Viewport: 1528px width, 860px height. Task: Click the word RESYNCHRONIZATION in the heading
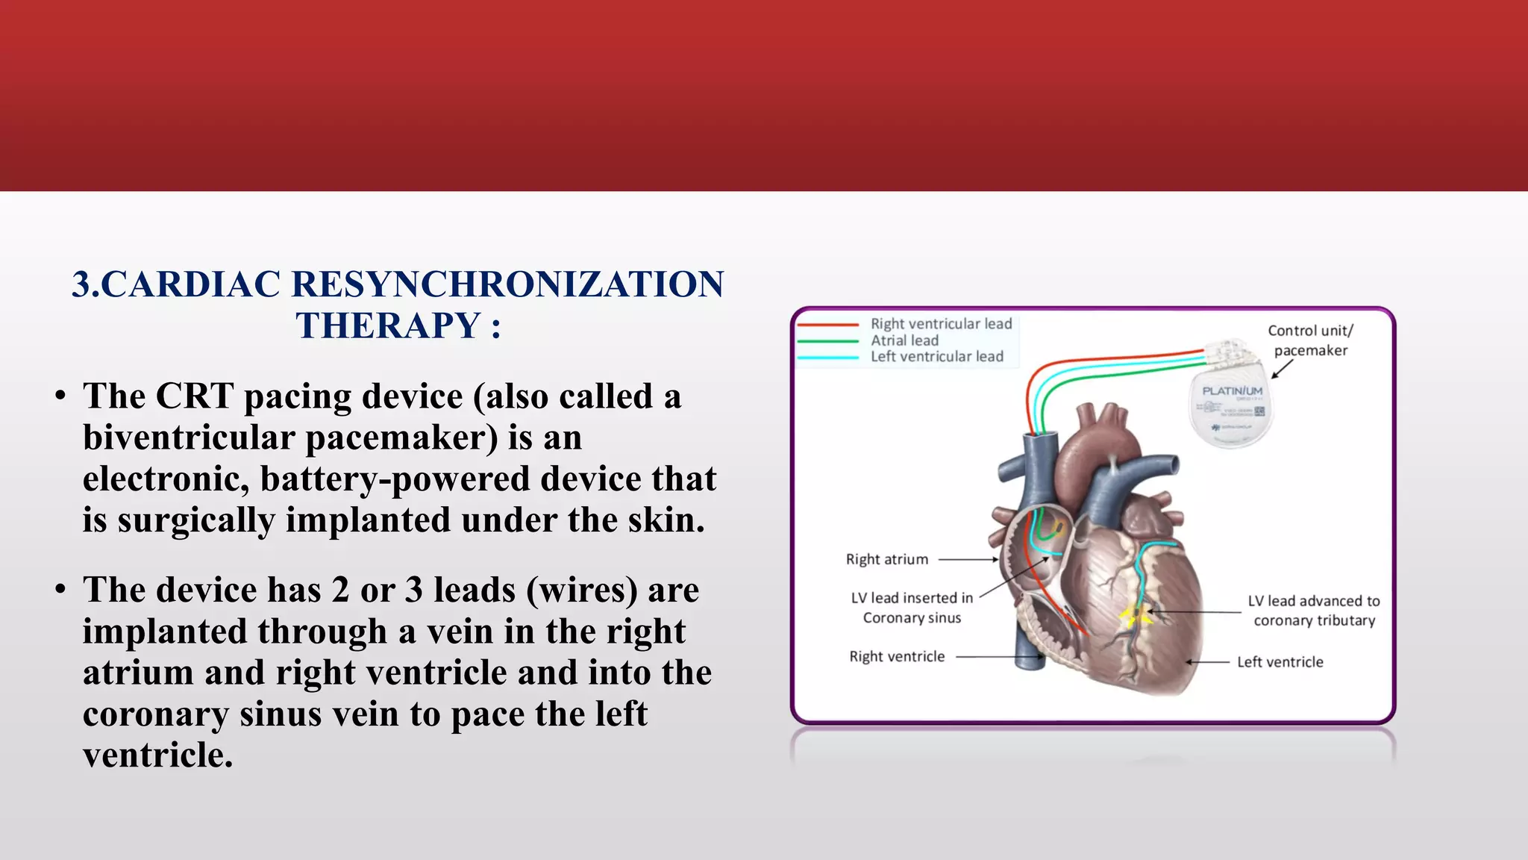[x=507, y=284]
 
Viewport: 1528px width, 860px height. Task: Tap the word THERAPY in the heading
[x=387, y=326]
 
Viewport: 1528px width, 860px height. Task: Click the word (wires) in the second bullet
[x=582, y=591]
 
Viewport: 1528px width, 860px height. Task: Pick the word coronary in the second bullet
[x=155, y=714]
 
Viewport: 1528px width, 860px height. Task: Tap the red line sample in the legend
[x=827, y=325]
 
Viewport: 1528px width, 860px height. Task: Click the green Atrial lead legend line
[x=827, y=341]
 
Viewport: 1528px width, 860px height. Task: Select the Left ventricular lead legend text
[x=936, y=357]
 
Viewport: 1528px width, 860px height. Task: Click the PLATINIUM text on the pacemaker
[x=1232, y=391]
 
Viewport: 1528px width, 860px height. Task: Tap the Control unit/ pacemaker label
[x=1310, y=340]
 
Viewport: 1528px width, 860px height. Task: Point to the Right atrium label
[x=886, y=559]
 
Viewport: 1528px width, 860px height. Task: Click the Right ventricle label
[x=897, y=657]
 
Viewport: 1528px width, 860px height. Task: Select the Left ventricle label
[x=1280, y=662]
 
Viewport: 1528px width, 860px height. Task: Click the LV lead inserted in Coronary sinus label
[x=912, y=608]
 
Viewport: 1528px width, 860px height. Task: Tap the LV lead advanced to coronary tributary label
[x=1314, y=611]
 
